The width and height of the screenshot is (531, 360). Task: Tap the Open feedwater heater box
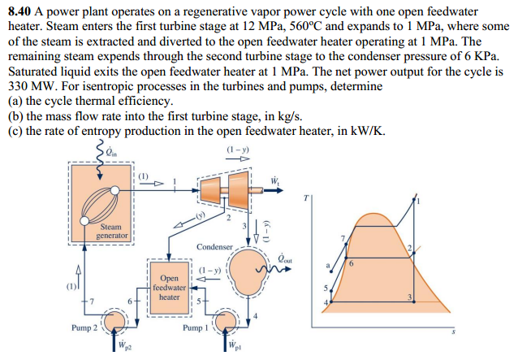point(169,287)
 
